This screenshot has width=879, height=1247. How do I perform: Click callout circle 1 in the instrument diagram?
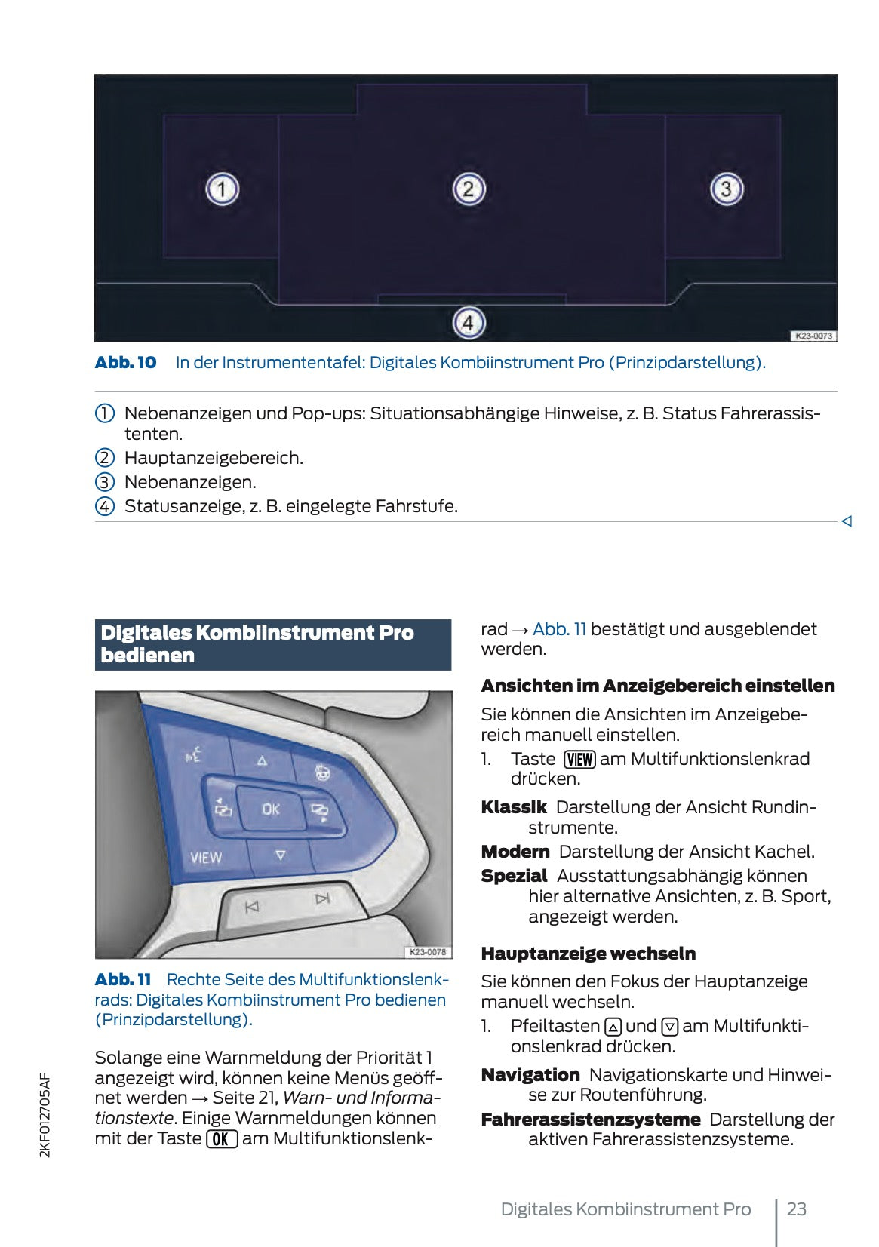[222, 189]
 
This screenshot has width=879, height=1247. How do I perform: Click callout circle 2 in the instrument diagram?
[468, 189]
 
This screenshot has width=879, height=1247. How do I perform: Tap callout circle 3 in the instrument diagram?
[726, 189]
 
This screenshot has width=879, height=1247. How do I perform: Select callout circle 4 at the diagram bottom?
[468, 323]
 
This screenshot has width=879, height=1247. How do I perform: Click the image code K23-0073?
[813, 336]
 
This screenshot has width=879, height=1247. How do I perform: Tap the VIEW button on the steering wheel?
[206, 858]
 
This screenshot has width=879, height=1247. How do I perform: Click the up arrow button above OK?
[262, 760]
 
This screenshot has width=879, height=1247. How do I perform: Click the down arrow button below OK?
[280, 855]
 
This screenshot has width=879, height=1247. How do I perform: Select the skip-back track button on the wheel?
[252, 907]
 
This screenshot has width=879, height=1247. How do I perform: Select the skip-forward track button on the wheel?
[323, 898]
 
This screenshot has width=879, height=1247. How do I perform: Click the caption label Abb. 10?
[125, 362]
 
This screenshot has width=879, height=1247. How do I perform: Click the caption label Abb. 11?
[123, 979]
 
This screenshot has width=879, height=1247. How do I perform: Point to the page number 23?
[796, 1209]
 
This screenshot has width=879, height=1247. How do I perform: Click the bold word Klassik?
[513, 807]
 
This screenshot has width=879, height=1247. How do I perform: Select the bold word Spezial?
[514, 876]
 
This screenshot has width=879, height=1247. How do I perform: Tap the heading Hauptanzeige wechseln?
[588, 953]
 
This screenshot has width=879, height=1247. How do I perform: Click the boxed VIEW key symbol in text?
[579, 759]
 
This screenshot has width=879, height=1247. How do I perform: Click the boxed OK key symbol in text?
[222, 1138]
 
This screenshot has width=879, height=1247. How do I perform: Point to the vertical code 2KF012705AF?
[45, 1115]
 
